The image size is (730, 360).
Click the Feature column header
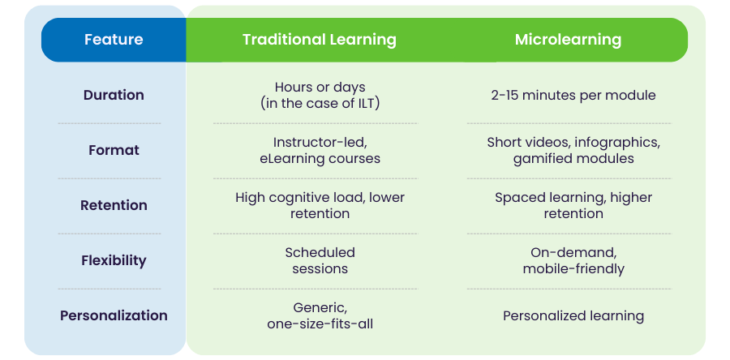click(114, 40)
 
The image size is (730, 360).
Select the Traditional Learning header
click(320, 40)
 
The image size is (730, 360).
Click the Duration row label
click(114, 95)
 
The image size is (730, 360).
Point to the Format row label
click(114, 150)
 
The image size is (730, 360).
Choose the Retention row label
click(114, 205)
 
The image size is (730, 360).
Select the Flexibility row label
click(114, 260)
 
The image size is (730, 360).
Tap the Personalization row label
click(114, 315)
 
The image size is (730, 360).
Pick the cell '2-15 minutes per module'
click(573, 95)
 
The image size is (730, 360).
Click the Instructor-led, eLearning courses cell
click(320, 150)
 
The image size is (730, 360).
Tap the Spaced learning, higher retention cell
click(573, 205)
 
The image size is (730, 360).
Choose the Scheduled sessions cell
click(320, 260)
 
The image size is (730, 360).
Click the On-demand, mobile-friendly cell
click(573, 260)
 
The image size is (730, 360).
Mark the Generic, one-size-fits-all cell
click(320, 315)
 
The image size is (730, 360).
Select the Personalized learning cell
click(573, 315)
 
